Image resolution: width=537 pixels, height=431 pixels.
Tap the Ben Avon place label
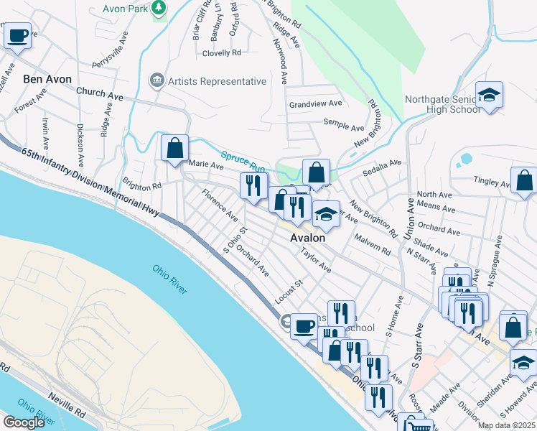tap(46, 78)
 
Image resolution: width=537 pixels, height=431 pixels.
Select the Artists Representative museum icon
tap(157, 81)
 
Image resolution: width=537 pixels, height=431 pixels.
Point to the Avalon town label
tap(307, 238)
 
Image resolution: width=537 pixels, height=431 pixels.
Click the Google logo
tap(24, 422)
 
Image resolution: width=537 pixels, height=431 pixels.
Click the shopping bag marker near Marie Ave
tap(174, 148)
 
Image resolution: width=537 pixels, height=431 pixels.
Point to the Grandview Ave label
tap(315, 104)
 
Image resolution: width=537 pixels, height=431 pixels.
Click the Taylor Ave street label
tap(316, 261)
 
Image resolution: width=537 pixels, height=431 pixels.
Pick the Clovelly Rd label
tap(222, 53)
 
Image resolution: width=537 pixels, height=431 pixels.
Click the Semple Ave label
tap(344, 127)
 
